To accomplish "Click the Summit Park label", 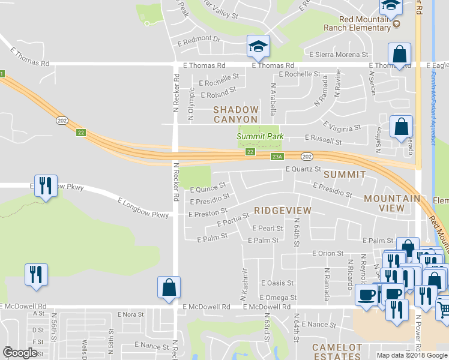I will (x=259, y=137).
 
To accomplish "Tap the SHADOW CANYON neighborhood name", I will (x=236, y=115).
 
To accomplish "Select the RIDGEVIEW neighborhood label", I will (x=282, y=211).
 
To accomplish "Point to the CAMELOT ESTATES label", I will (x=337, y=352).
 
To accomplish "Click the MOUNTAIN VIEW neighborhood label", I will (x=392, y=203).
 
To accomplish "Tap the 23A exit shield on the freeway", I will (x=277, y=157).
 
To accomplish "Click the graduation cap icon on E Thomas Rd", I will (x=258, y=46).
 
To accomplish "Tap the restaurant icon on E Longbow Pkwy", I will (x=46, y=185).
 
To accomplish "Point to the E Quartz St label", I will (x=304, y=170).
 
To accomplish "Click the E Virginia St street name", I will (x=342, y=127).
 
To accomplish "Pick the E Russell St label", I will (x=323, y=142).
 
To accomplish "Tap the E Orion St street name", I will (x=327, y=254).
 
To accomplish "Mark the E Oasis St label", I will (x=278, y=283).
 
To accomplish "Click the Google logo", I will (x=20, y=353).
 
